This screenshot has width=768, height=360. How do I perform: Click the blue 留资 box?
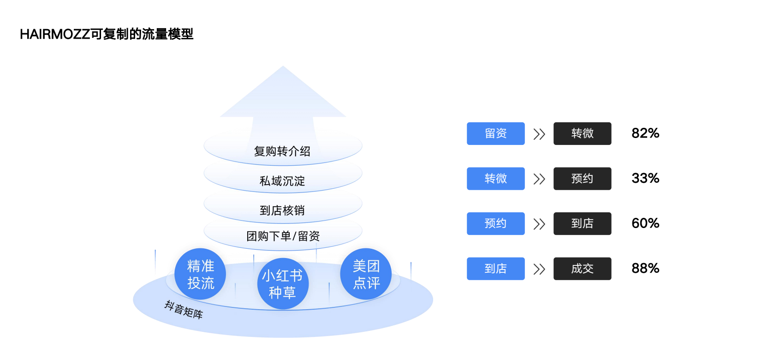coord(495,133)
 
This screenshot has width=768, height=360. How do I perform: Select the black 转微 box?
coord(582,133)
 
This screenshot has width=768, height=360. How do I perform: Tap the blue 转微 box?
coord(495,179)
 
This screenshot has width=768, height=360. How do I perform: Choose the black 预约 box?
coord(582,179)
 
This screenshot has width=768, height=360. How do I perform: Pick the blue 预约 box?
coord(495,223)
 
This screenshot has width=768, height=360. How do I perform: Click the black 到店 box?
coord(582,223)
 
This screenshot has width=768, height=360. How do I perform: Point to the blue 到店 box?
coord(495,269)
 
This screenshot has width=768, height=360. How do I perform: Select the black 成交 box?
coord(582,269)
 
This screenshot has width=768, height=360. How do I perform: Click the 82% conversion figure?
coord(645,133)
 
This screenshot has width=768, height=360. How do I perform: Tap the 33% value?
coord(645,178)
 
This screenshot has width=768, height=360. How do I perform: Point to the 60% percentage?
coord(645,223)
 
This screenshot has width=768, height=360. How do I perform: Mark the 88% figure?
coord(645,268)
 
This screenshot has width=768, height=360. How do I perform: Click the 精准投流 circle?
coord(200,274)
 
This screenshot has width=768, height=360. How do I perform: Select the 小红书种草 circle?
coord(282,283)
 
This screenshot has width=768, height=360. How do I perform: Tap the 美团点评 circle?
coord(366,274)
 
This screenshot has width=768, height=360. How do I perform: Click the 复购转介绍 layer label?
coord(282,151)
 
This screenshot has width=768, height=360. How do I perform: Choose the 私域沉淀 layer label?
coord(282,181)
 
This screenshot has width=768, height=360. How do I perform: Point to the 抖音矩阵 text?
coord(184,309)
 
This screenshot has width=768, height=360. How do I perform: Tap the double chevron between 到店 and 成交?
coord(539,269)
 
